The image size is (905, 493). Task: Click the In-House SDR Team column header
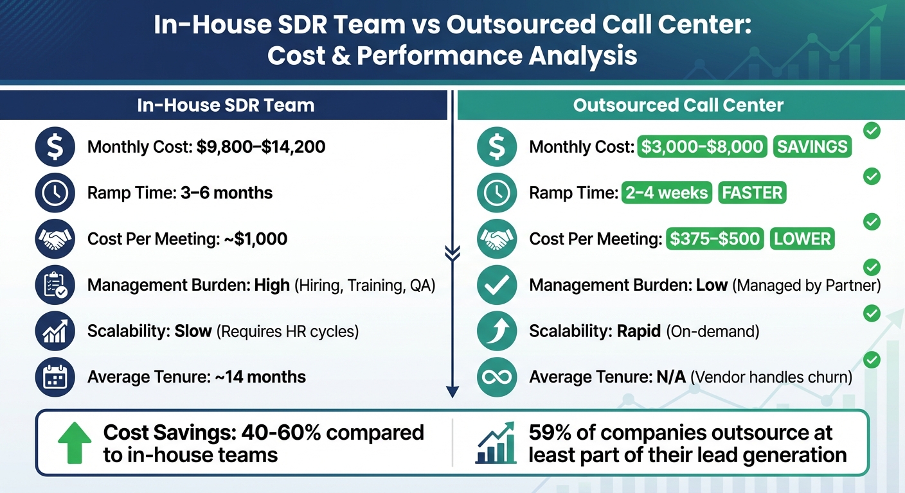pyautogui.click(x=226, y=105)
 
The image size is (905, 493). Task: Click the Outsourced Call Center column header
pyautogui.click(x=678, y=105)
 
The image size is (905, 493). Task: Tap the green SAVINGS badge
pyautogui.click(x=812, y=147)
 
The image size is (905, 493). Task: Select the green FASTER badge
pyautogui.click(x=753, y=193)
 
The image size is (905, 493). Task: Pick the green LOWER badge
pyautogui.click(x=802, y=239)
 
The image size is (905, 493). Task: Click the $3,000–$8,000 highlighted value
pyautogui.click(x=702, y=147)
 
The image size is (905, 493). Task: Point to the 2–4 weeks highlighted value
pyautogui.click(x=667, y=193)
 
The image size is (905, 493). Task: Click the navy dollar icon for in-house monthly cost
pyautogui.click(x=55, y=147)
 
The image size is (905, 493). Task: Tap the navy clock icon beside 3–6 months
pyautogui.click(x=55, y=193)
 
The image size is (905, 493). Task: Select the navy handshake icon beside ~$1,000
pyautogui.click(x=55, y=239)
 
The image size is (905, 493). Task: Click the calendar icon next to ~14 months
pyautogui.click(x=55, y=377)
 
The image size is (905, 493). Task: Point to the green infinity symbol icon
pyautogui.click(x=497, y=377)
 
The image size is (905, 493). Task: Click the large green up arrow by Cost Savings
pyautogui.click(x=75, y=443)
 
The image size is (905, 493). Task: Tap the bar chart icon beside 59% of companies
pyautogui.click(x=495, y=443)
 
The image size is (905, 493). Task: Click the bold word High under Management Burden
pyautogui.click(x=272, y=285)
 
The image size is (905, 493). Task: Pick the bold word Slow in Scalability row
pyautogui.click(x=193, y=331)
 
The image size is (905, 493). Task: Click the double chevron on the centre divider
pyautogui.click(x=452, y=254)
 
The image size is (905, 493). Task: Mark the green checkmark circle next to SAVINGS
pyautogui.click(x=872, y=131)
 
